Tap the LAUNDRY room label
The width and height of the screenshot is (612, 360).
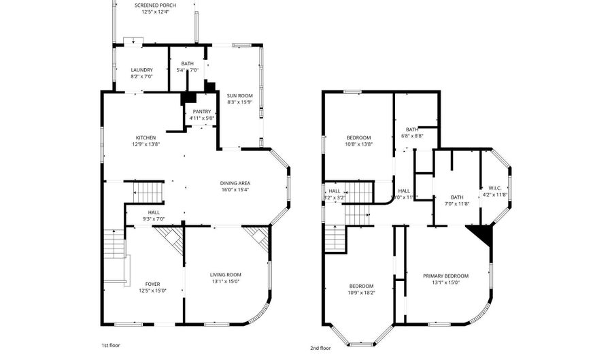(x=141, y=69)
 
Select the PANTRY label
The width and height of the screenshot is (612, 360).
(x=202, y=112)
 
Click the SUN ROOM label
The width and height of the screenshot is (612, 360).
(x=238, y=96)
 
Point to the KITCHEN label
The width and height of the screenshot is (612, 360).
(x=145, y=137)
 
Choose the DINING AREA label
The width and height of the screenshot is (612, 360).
(x=235, y=182)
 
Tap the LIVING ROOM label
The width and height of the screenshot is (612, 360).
(x=225, y=274)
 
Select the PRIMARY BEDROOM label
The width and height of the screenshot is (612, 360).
(x=445, y=276)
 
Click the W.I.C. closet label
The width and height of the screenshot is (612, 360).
(x=494, y=188)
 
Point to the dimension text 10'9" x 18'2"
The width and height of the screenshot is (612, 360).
(x=361, y=293)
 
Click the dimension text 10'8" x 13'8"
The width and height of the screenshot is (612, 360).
(x=358, y=144)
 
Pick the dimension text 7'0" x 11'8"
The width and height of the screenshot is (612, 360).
(x=456, y=203)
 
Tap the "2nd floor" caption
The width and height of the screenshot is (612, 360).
(x=320, y=347)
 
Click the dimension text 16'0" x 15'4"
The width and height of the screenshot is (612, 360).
(x=235, y=190)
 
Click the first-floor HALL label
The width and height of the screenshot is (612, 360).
(x=154, y=212)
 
